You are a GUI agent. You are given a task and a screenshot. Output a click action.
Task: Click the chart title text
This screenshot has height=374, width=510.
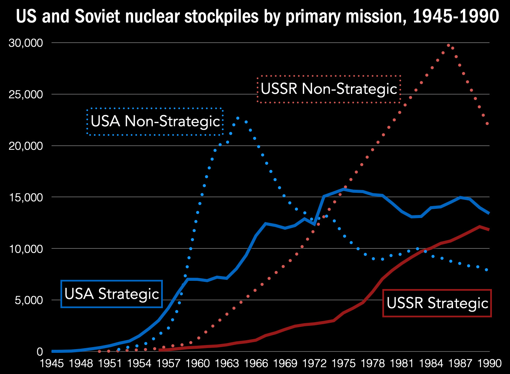click(257, 16)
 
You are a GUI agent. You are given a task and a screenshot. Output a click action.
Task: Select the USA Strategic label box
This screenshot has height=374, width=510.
click(112, 294)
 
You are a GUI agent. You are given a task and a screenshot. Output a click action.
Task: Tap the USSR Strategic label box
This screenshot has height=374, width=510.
click(437, 303)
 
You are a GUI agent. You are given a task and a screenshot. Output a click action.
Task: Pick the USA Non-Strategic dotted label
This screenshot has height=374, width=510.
click(155, 121)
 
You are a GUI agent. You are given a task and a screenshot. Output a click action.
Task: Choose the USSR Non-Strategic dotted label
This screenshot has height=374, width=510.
click(329, 89)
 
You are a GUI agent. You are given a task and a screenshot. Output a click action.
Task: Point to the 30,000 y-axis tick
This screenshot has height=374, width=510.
click(26, 43)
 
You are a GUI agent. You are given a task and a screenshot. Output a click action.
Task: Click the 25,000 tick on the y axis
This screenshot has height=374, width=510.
click(26, 95)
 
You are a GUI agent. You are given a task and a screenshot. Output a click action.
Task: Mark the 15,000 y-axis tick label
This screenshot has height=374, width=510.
click(26, 198)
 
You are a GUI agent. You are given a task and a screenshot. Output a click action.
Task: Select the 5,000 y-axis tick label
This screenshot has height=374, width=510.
click(29, 300)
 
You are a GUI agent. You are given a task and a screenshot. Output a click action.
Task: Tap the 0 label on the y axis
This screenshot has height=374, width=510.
click(40, 352)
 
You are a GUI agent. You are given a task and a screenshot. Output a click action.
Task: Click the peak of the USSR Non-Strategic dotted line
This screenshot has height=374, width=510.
click(449, 45)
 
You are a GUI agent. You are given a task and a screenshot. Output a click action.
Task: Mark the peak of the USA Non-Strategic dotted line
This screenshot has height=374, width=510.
click(238, 118)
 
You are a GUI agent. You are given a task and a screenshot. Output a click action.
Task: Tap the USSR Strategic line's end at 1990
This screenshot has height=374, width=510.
click(489, 230)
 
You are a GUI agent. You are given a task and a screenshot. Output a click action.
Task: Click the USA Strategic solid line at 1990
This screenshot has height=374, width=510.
click(489, 213)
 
